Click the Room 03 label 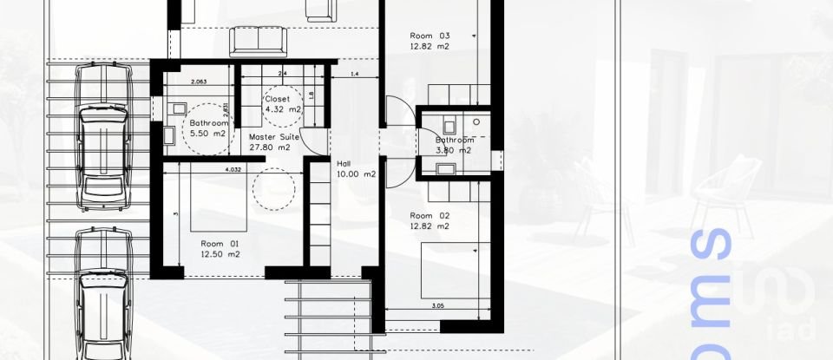[x=430, y=36]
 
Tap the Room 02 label [x=430, y=215]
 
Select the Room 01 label [x=219, y=244]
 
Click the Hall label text [x=344, y=162]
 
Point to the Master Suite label [x=274, y=137]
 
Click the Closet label [x=278, y=99]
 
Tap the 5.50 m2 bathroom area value [x=207, y=135]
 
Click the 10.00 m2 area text [x=356, y=173]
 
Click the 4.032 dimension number [x=233, y=169]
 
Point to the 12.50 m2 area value [x=219, y=255]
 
